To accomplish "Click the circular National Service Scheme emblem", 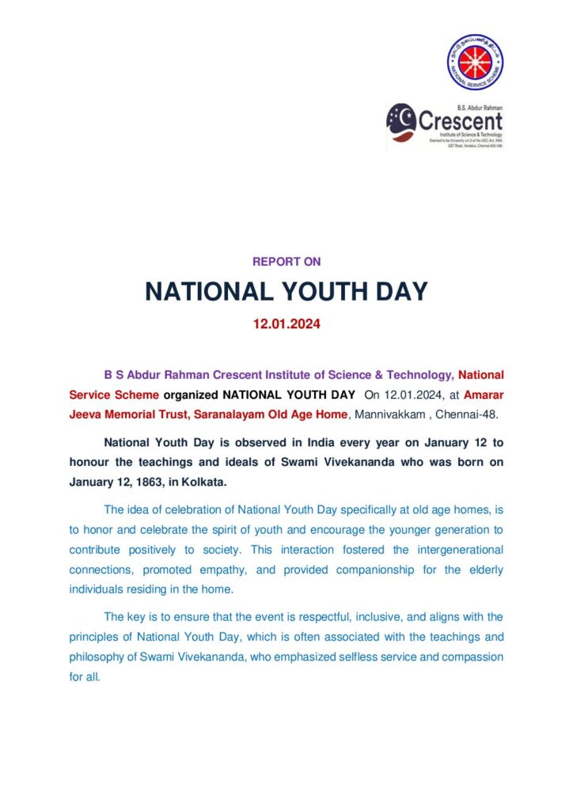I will point(475,62).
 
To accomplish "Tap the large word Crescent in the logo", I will point(460,121).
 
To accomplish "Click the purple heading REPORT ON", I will point(286,262).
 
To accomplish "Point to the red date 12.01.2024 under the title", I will point(286,324).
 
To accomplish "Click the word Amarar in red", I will point(484,394).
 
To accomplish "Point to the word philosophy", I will point(98,657).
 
